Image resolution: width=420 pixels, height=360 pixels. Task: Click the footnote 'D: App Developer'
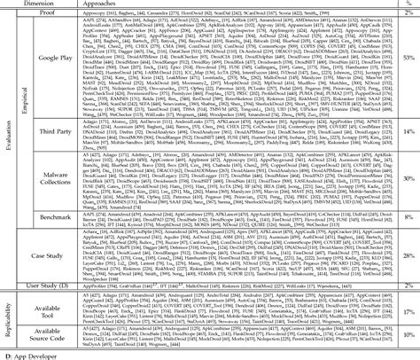click(35, 355)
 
